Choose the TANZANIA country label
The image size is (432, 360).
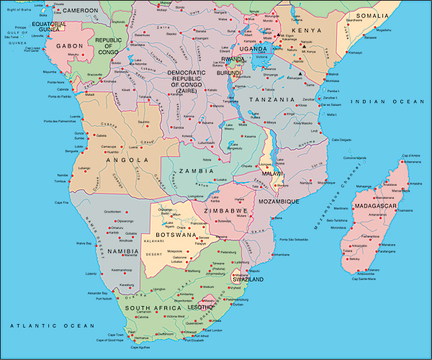click(272, 99)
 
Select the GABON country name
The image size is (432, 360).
click(66, 45)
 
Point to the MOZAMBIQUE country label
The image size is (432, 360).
click(279, 201)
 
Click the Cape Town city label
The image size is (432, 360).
click(116, 335)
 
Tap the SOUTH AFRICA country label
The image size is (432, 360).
click(151, 307)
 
